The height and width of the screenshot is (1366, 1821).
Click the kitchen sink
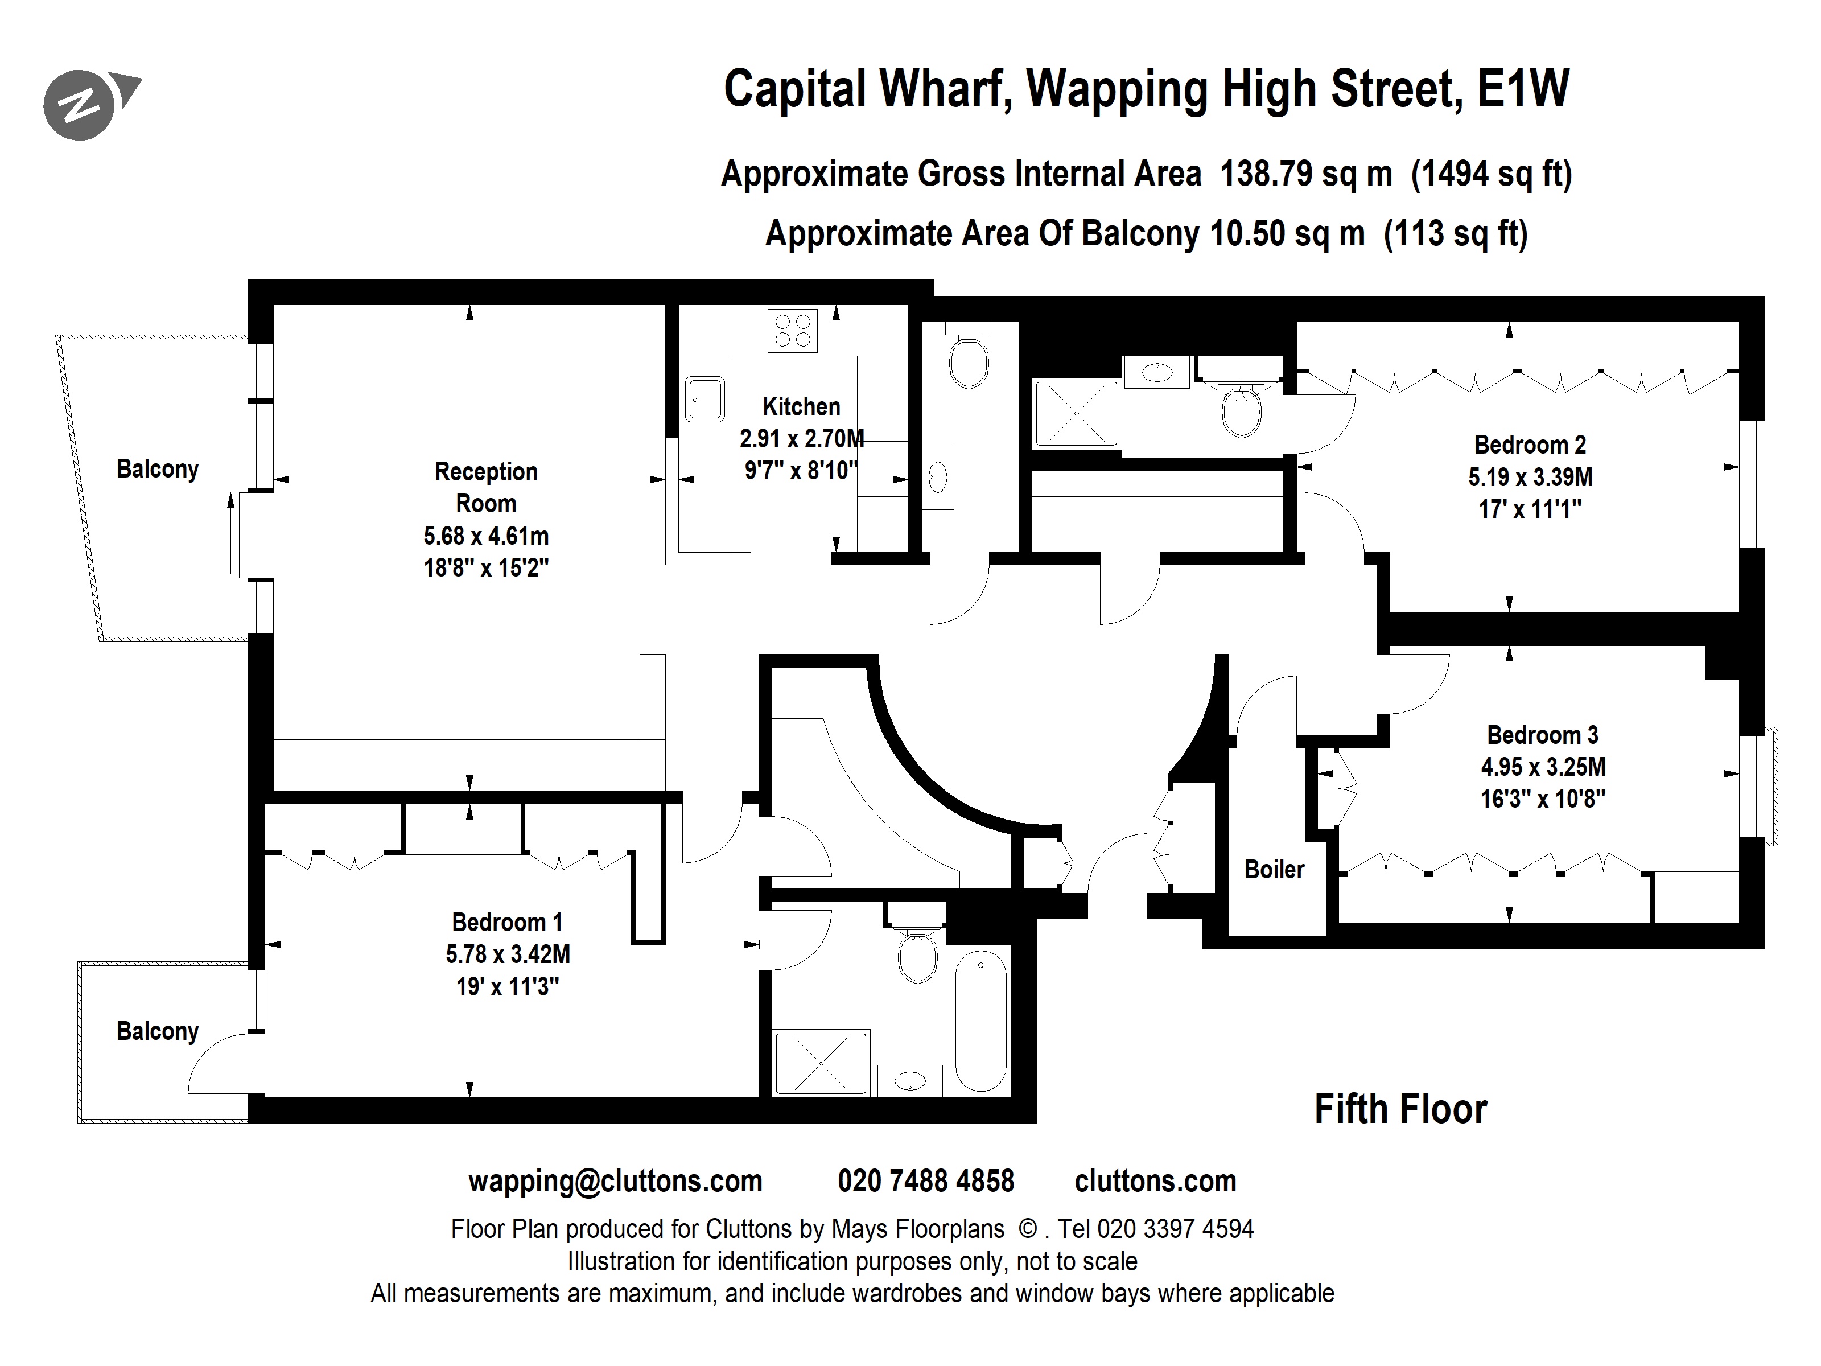click(x=704, y=400)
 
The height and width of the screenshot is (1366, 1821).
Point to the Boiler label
click(x=1274, y=870)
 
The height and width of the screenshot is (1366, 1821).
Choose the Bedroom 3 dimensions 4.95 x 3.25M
click(x=1543, y=767)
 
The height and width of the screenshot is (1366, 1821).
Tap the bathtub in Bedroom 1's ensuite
click(x=980, y=1021)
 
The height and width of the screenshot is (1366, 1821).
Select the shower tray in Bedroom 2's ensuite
click(x=1076, y=413)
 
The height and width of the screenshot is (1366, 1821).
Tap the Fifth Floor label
click(x=1400, y=1109)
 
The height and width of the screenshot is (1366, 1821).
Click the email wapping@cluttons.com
click(x=615, y=1182)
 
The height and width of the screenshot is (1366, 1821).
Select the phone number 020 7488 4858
click(x=925, y=1182)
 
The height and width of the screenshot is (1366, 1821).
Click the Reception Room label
click(x=486, y=487)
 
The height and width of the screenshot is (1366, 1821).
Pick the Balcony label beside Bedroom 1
click(x=157, y=1032)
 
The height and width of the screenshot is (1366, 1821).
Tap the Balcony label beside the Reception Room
click(x=157, y=470)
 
